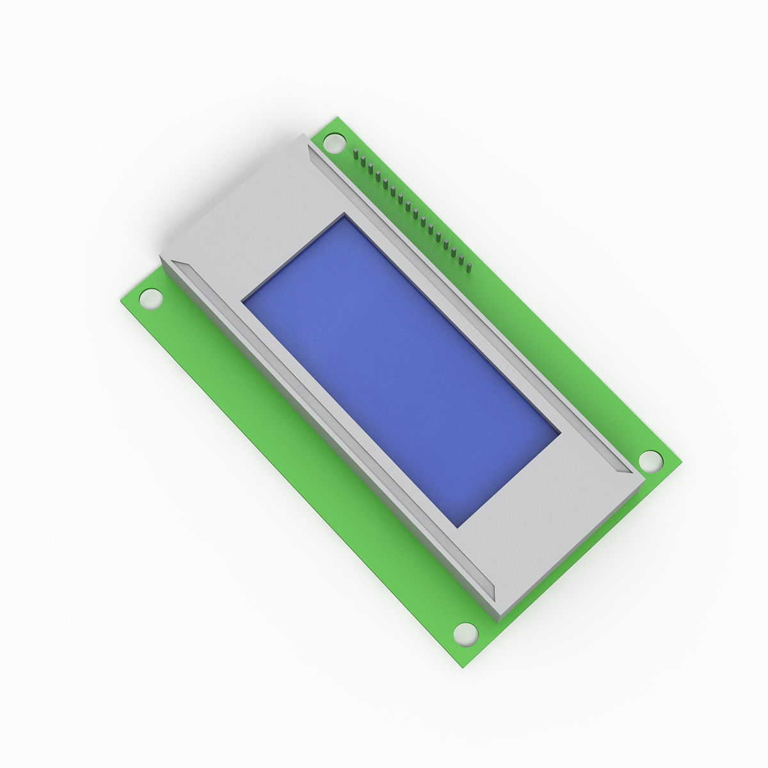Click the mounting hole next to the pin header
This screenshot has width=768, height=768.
point(333,143)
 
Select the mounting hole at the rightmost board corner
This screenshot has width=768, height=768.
point(650,460)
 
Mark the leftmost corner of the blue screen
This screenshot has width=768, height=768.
point(243,299)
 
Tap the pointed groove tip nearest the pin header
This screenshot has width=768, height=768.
point(308,145)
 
